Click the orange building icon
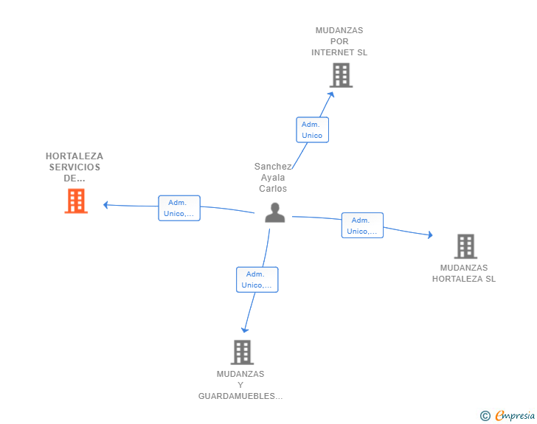click(76, 201)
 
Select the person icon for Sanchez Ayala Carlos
click(274, 212)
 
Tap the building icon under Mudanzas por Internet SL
click(341, 75)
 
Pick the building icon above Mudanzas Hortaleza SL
click(465, 246)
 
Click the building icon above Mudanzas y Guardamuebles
click(242, 352)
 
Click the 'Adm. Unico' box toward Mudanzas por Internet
click(312, 130)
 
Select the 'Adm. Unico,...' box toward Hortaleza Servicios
click(179, 208)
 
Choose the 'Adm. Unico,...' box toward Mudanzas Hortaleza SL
click(362, 226)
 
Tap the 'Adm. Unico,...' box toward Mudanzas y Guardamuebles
click(257, 279)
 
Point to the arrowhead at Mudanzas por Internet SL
click(331, 94)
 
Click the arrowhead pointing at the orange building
click(105, 205)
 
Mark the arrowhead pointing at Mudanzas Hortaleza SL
click(430, 234)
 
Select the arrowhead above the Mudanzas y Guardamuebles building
click(245, 330)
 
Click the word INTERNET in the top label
click(330, 52)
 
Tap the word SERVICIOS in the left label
click(75, 167)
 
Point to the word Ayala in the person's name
click(273, 178)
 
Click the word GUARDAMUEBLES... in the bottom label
click(240, 396)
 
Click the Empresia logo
click(515, 415)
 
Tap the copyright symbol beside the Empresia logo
click(485, 416)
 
